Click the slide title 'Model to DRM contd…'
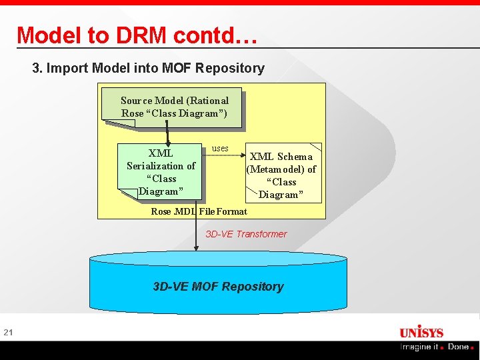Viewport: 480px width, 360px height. [137, 35]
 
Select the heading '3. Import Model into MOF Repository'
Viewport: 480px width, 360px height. [148, 68]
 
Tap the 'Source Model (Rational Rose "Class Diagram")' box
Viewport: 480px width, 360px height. [172, 107]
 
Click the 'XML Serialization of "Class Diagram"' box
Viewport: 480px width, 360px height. [160, 172]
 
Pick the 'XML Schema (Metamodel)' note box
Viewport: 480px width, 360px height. [283, 175]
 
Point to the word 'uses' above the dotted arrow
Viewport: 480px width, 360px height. [220, 148]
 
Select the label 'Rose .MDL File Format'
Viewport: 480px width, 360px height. [199, 211]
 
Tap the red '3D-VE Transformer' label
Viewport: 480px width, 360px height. [246, 234]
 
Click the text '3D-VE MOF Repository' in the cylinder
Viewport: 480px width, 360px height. [218, 287]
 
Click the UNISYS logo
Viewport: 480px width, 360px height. [421, 332]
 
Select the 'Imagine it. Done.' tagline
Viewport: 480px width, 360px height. [437, 347]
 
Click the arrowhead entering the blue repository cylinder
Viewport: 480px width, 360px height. [196, 247]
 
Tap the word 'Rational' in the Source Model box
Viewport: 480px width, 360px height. [208, 101]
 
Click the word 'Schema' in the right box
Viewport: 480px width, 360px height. [295, 157]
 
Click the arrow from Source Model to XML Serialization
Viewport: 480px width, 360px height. [167, 131]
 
